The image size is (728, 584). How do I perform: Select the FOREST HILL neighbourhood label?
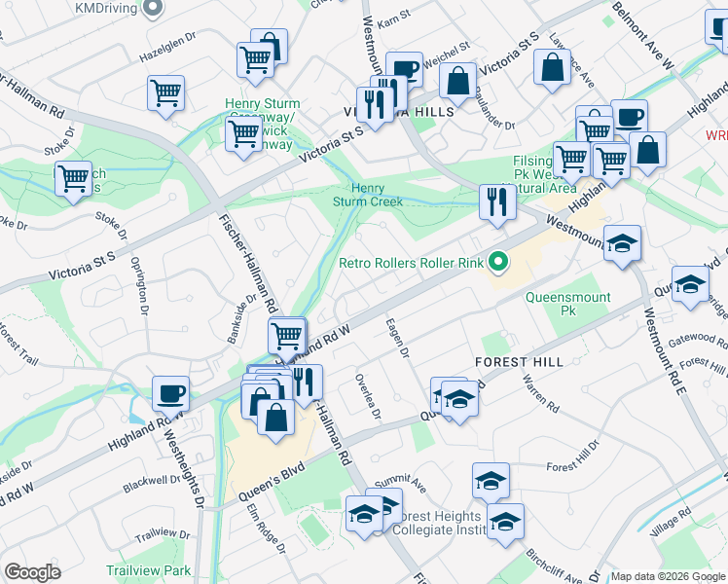click(519, 361)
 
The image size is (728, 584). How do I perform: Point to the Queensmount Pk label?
click(568, 306)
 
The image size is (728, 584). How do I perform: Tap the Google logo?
click(33, 572)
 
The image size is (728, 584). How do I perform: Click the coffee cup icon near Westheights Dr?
click(170, 394)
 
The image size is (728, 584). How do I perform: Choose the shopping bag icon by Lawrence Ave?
click(552, 68)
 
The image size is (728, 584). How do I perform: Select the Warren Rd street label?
click(540, 392)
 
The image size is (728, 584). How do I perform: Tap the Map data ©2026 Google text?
click(668, 576)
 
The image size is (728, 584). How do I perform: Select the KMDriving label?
click(106, 8)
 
